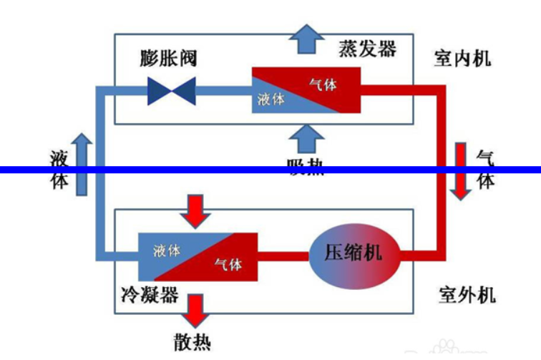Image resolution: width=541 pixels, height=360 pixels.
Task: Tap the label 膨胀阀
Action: click(168, 58)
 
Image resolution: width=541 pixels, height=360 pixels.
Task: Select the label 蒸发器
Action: click(367, 49)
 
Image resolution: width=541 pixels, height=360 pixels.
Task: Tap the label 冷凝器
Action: click(150, 295)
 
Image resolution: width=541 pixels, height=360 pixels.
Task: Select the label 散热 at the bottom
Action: click(192, 341)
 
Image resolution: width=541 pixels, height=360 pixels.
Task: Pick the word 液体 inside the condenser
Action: click(167, 250)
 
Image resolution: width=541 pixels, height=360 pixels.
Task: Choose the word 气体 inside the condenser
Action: click(228, 266)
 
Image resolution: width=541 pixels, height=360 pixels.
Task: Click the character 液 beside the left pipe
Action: click(59, 157)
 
